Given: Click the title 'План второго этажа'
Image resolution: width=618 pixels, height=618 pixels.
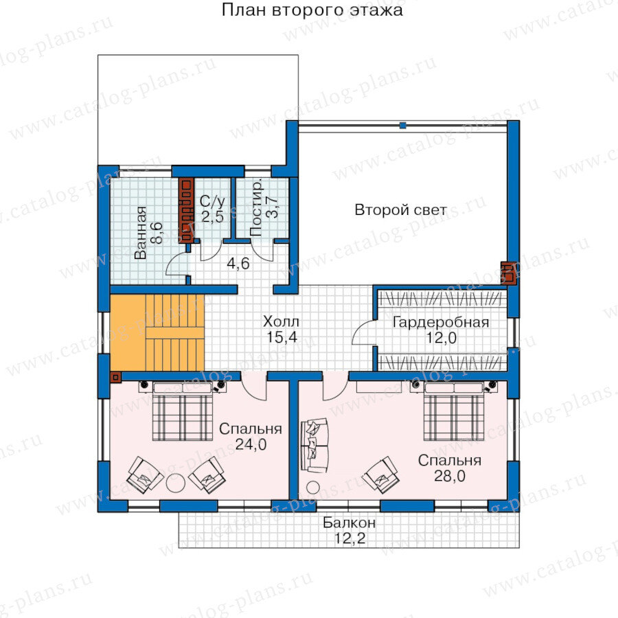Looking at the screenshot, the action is pyautogui.click(x=312, y=10).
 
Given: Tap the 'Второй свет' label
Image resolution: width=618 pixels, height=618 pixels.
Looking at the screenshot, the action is pyautogui.click(x=401, y=209).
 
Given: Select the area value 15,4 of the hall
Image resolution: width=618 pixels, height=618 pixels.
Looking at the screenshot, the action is pyautogui.click(x=282, y=337).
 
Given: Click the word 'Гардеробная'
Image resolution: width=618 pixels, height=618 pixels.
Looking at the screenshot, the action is pyautogui.click(x=441, y=323).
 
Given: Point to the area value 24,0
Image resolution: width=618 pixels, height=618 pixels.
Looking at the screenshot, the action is pyautogui.click(x=251, y=444).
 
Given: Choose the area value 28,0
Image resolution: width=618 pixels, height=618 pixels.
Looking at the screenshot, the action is pyautogui.click(x=450, y=476).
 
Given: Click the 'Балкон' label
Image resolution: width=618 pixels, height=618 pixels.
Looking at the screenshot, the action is pyautogui.click(x=349, y=523).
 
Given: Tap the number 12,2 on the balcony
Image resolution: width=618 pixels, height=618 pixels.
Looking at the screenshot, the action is pyautogui.click(x=350, y=538).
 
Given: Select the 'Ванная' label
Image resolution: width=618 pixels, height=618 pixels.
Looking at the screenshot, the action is pyautogui.click(x=140, y=233).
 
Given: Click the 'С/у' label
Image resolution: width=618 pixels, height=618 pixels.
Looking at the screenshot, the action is pyautogui.click(x=212, y=201).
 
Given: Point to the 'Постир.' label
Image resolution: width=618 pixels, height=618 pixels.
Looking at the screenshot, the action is pyautogui.click(x=256, y=209).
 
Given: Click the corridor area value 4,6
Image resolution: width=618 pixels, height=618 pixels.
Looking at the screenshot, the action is pyautogui.click(x=238, y=263).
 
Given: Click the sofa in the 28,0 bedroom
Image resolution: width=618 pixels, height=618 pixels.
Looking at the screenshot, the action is pyautogui.click(x=314, y=446).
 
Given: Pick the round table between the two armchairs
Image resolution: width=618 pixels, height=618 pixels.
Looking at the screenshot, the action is pyautogui.click(x=176, y=483).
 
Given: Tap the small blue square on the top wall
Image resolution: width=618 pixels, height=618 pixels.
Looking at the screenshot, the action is pyautogui.click(x=402, y=126).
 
